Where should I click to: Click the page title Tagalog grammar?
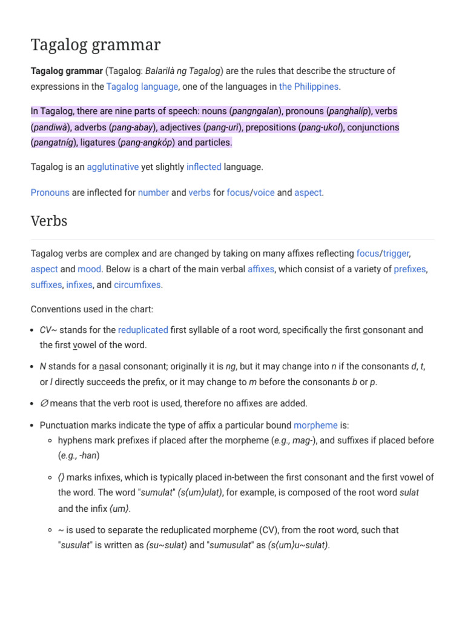point(96,45)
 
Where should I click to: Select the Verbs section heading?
point(49,221)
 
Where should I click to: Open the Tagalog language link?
point(142,87)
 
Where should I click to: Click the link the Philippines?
point(309,87)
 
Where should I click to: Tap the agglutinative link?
point(113,167)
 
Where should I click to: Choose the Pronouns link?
point(50,193)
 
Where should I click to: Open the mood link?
point(89,269)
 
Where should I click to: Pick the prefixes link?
point(409,269)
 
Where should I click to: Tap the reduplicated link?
point(143,330)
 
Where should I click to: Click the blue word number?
point(153,193)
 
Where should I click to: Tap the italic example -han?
point(88,455)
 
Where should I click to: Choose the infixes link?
point(79,284)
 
